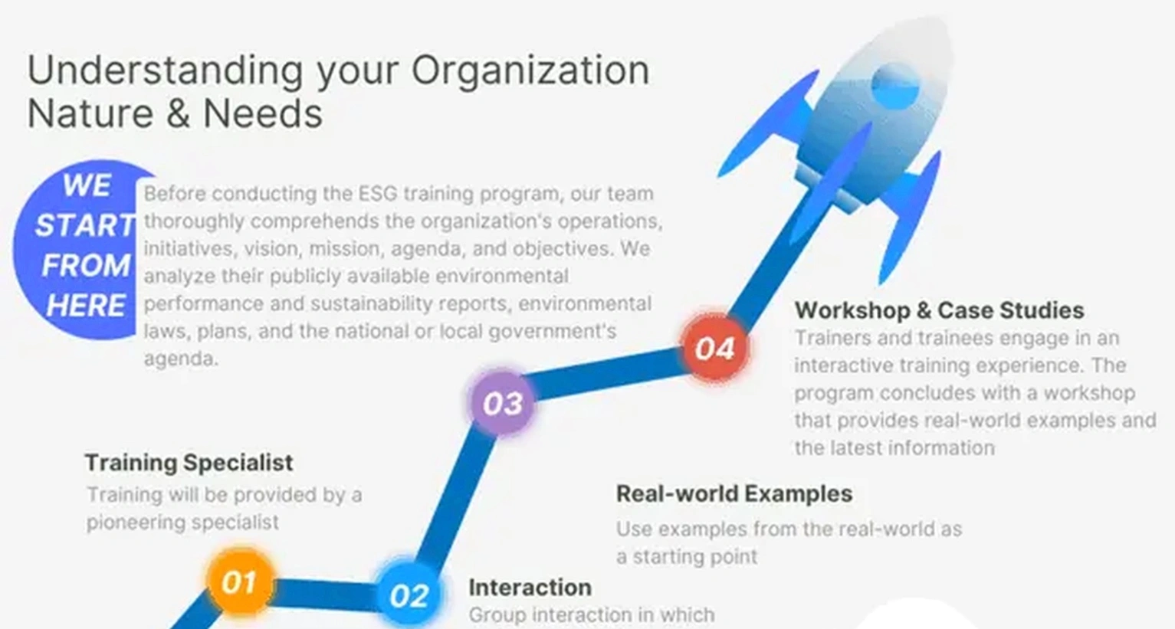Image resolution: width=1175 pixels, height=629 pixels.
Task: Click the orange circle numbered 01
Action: pyautogui.click(x=240, y=581)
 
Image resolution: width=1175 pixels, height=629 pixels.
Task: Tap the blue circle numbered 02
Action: pyautogui.click(x=409, y=595)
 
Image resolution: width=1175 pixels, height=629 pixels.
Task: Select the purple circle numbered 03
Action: pyautogui.click(x=502, y=402)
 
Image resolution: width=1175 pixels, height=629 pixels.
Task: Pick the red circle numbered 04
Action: pyautogui.click(x=714, y=348)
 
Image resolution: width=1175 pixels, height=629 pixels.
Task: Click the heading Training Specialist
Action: pyautogui.click(x=189, y=463)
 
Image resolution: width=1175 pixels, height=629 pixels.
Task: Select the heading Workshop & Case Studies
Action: pyautogui.click(x=939, y=310)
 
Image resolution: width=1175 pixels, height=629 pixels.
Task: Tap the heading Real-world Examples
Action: pyautogui.click(x=734, y=493)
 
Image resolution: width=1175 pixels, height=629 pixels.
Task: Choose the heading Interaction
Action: pyautogui.click(x=530, y=587)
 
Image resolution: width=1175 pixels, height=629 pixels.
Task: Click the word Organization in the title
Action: pyautogui.click(x=530, y=70)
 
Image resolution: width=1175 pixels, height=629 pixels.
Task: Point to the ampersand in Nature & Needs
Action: pyautogui.click(x=179, y=113)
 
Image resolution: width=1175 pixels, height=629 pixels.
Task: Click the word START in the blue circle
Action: pyautogui.click(x=85, y=226)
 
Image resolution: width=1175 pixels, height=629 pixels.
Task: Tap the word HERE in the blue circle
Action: pyautogui.click(x=86, y=306)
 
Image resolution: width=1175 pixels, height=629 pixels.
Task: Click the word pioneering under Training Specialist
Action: pyautogui.click(x=136, y=523)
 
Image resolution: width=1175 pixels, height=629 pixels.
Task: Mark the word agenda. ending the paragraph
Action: pyautogui.click(x=181, y=359)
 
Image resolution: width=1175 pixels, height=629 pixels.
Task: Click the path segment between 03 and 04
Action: pyautogui.click(x=609, y=375)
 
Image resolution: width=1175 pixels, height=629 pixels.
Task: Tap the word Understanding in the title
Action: pyautogui.click(x=166, y=70)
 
